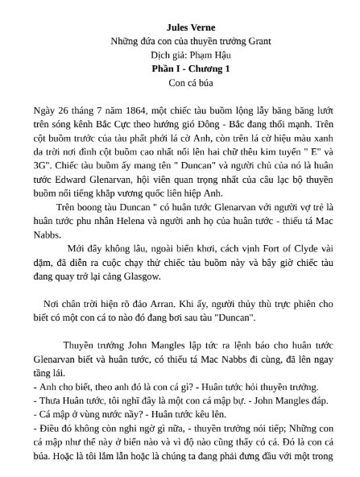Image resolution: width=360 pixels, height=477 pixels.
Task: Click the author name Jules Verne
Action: [x=180, y=27]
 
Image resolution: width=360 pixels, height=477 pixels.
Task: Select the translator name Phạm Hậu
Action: [x=198, y=55]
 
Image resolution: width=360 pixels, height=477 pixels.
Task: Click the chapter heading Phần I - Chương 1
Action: [x=180, y=68]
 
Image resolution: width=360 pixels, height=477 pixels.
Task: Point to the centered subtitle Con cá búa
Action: [x=180, y=82]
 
